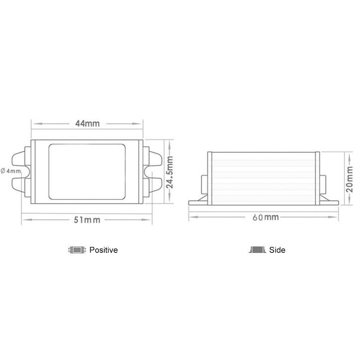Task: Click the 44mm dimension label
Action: tap(87, 123)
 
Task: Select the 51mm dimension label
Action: tap(87, 220)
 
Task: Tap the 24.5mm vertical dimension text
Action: tap(169, 172)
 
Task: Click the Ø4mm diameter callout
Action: tap(10, 170)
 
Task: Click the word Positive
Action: tap(103, 250)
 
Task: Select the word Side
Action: tap(277, 250)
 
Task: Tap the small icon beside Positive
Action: tap(77, 250)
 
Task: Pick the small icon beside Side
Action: tap(257, 250)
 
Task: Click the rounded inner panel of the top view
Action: tap(87, 172)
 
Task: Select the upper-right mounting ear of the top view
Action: tap(155, 159)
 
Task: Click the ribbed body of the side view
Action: tap(264, 178)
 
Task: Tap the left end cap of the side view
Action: tap(210, 178)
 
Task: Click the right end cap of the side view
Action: tap(318, 178)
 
